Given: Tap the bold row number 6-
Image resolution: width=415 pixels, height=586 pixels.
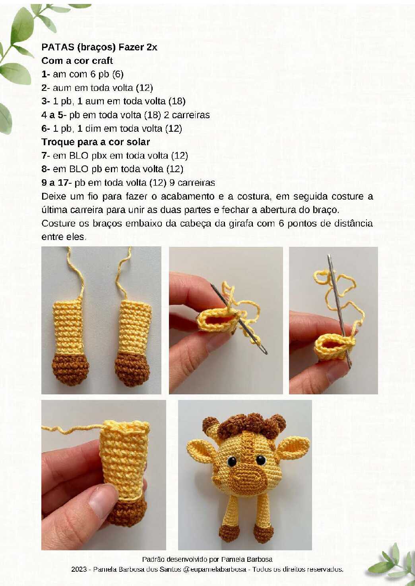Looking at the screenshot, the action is (x=46, y=129).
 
